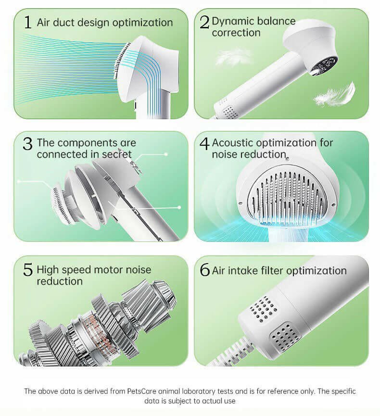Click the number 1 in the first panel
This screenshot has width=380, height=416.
click(27, 22)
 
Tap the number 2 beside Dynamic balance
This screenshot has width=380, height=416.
click(205, 22)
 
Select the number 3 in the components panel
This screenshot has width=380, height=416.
click(28, 144)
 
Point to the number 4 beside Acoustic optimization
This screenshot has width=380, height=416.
click(205, 144)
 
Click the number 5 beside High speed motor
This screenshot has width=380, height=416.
click(28, 270)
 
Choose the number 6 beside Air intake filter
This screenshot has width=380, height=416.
click(205, 271)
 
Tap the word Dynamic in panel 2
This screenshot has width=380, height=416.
click(233, 21)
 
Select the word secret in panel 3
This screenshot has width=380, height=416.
click(115, 154)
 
